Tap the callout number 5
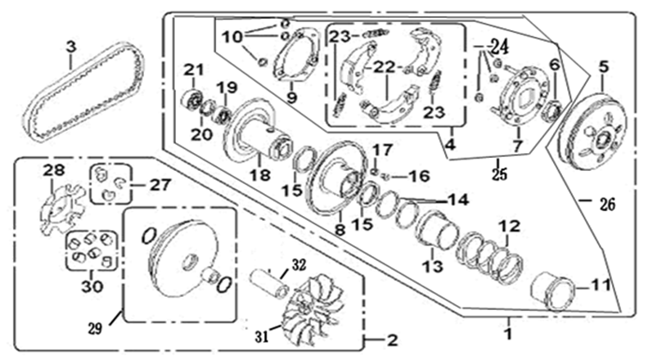[x=605, y=65]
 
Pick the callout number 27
[x=155, y=183]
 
